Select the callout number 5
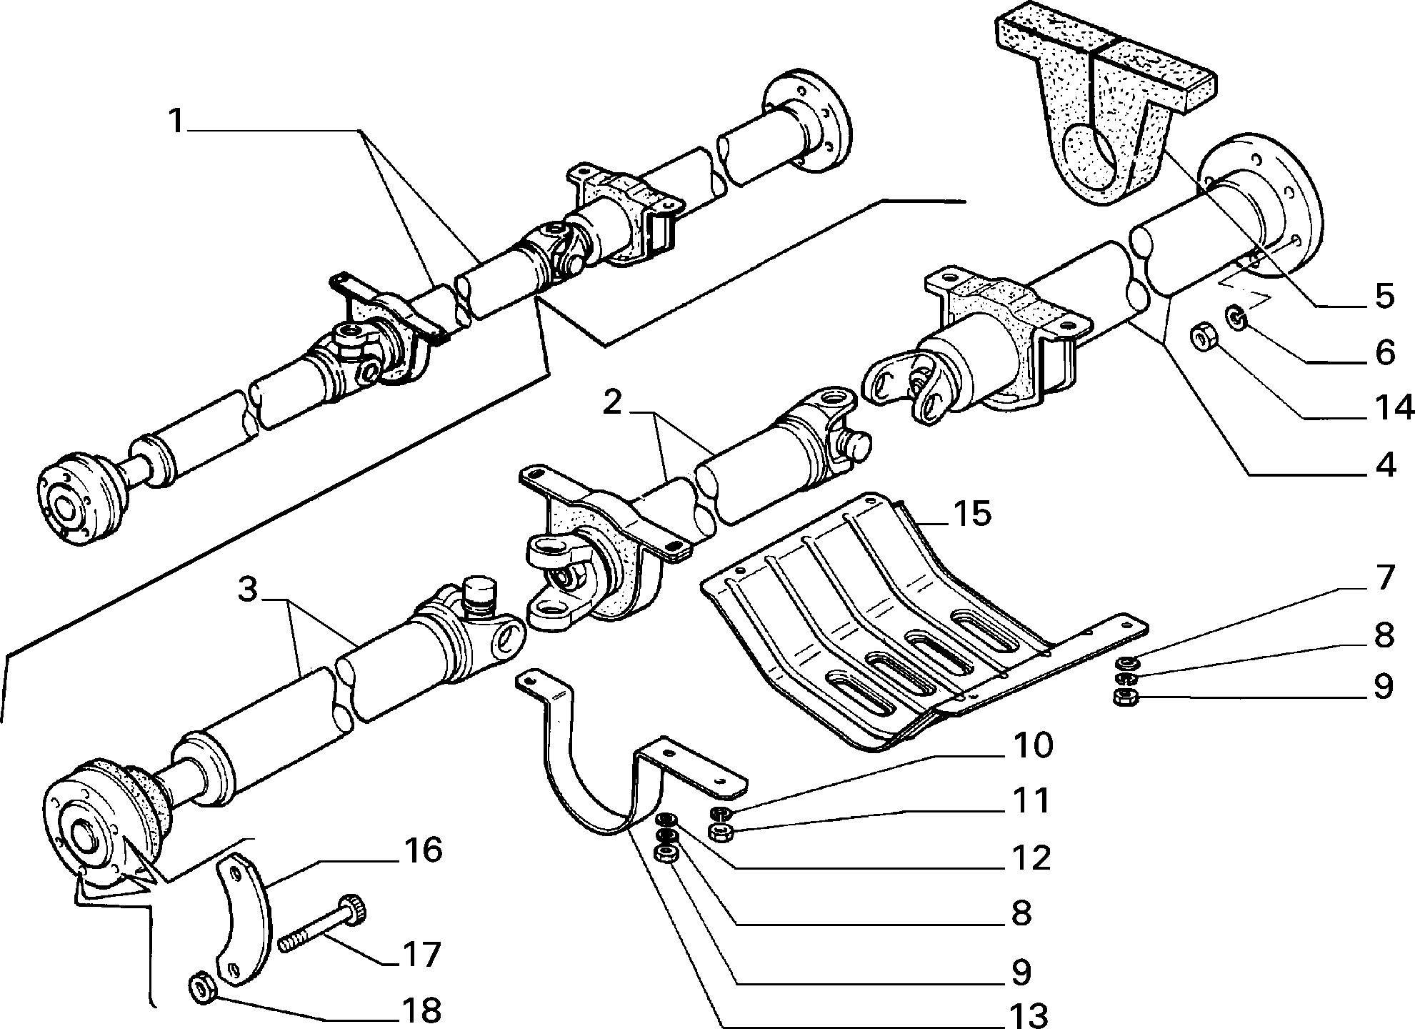click(1384, 295)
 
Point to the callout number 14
click(1394, 408)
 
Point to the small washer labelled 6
click(1236, 317)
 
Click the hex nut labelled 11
click(719, 831)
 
